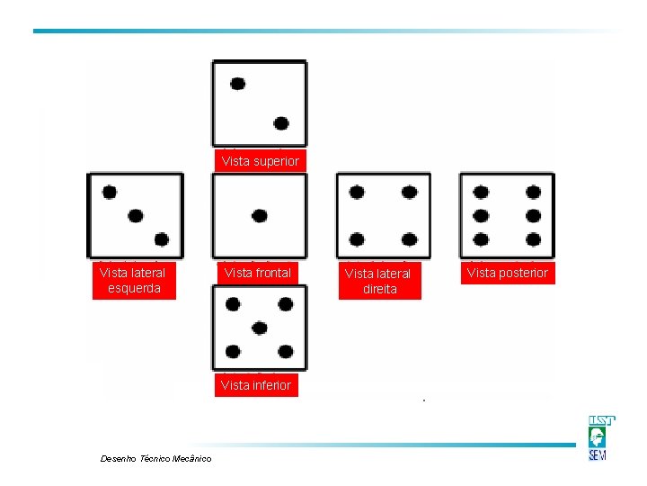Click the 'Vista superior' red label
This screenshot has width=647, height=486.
point(261,161)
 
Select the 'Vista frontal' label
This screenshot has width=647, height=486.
point(258,273)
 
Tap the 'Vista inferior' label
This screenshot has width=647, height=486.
point(256,385)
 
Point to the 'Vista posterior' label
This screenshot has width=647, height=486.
point(508,273)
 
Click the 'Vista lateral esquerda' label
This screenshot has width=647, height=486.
point(134,280)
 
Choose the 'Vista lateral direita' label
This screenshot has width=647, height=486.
point(380,281)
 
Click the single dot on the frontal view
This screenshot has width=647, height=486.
point(260,216)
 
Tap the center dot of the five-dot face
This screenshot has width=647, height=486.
point(259,328)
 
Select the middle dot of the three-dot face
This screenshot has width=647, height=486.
point(136,216)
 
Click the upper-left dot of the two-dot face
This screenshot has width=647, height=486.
point(237,84)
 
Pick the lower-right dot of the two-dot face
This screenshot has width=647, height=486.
point(281,123)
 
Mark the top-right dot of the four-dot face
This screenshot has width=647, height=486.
point(410,193)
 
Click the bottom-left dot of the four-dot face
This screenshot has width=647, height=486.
point(357,239)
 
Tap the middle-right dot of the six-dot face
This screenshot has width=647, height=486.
point(533,216)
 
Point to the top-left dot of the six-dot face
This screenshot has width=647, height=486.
point(481,193)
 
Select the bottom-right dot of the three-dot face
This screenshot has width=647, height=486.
point(162,239)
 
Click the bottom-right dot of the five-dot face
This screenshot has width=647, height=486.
point(286,352)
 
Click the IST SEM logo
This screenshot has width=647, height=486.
point(601,437)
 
